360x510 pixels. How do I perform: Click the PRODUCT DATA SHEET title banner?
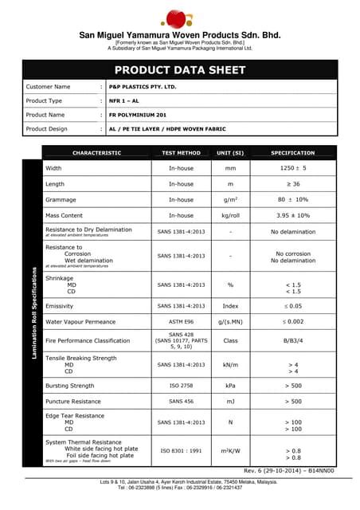[x=180, y=70]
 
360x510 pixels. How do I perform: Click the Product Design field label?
[x=47, y=128]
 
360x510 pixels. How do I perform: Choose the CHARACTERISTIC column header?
[x=96, y=153]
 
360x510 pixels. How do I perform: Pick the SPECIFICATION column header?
[x=292, y=153]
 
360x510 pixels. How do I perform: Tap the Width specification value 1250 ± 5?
[x=292, y=169]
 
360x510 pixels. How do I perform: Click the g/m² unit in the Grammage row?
[x=231, y=200]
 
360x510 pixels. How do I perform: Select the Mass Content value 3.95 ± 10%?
[x=292, y=215]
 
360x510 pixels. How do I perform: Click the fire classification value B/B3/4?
[x=292, y=340]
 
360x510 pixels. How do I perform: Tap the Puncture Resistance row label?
[x=73, y=402]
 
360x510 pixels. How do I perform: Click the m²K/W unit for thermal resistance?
[x=231, y=451]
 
